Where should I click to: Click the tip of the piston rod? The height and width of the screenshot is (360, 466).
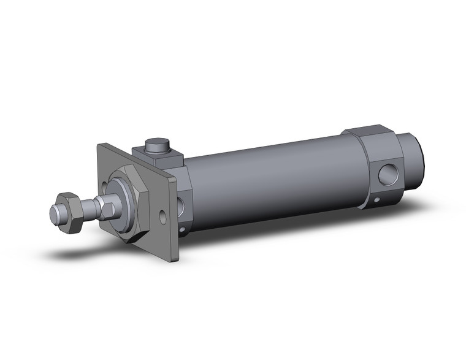pyautogui.click(x=55, y=213)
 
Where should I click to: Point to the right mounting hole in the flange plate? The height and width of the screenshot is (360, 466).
pyautogui.click(x=162, y=216)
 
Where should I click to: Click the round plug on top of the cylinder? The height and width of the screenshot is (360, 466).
pyautogui.click(x=156, y=147)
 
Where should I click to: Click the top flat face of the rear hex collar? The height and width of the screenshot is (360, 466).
pyautogui.click(x=368, y=134)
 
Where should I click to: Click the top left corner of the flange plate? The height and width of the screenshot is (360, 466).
pyautogui.click(x=101, y=145)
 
